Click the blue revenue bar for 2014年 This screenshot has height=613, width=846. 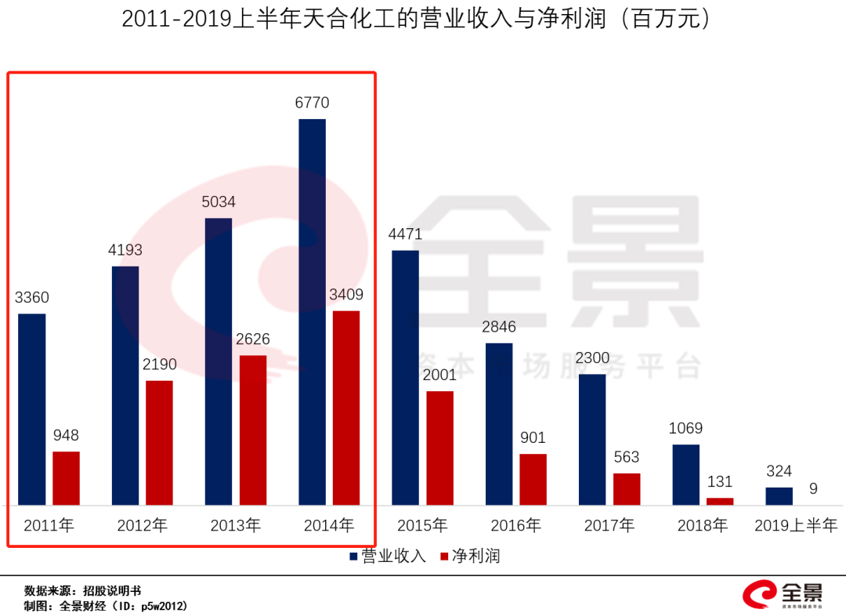coord(313,312)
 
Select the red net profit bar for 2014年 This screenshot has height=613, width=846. coord(346,408)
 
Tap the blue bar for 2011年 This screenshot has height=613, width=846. coord(32,409)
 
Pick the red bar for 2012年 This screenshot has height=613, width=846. coord(159,443)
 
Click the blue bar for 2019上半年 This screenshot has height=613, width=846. coord(779,496)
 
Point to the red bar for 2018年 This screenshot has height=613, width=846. coord(720,501)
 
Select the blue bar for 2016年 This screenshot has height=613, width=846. coord(499,424)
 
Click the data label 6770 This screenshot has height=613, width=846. coord(312,103)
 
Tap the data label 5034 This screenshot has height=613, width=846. coord(219,201)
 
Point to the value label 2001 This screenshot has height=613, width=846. coord(439,375)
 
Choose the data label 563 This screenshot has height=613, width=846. coord(627,457)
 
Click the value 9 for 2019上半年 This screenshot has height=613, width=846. coord(813,488)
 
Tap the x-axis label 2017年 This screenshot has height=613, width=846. coord(609,525)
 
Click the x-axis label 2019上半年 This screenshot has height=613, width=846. coord(796,525)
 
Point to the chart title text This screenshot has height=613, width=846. coord(422,19)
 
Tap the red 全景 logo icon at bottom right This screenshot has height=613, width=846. coord(758,594)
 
